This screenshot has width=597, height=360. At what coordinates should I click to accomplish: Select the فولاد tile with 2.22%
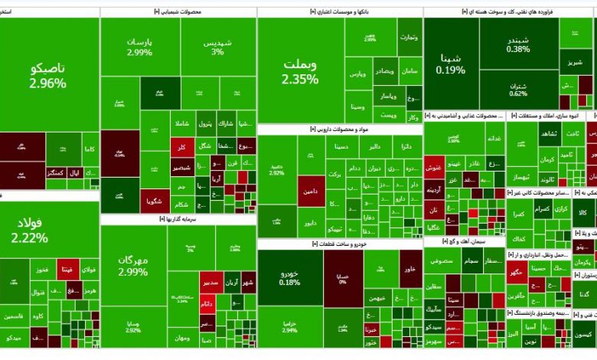[29, 228]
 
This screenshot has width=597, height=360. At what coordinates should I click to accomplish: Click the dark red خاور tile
[409, 269]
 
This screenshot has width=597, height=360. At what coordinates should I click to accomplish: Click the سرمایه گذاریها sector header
[178, 218]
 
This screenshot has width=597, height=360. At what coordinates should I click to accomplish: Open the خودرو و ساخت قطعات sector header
[339, 244]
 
